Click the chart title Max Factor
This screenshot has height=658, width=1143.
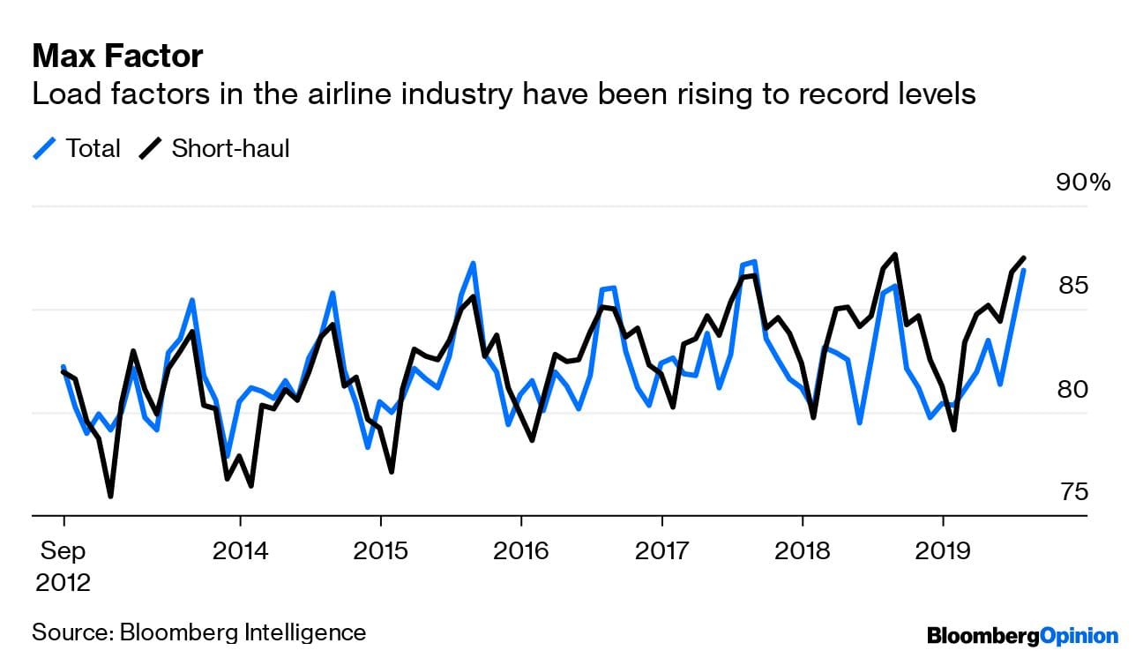pos(117,57)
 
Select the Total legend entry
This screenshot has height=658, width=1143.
pos(77,148)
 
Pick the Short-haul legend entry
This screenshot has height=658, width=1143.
pos(214,148)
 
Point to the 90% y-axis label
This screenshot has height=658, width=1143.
pos(1083,183)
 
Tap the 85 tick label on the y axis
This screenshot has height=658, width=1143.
pos(1072,286)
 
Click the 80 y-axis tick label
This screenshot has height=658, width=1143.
pos(1072,389)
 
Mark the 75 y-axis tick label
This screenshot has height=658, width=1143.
pos(1072,492)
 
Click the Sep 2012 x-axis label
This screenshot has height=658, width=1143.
pos(63,566)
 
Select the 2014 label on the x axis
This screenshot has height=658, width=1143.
pos(240,551)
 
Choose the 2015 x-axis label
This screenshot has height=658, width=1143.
pos(380,551)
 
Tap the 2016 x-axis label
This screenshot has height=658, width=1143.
pos(521,551)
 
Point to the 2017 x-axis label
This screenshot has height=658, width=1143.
pos(661,551)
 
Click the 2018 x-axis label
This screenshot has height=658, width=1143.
pos(803,551)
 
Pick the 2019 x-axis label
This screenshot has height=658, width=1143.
pos(943,551)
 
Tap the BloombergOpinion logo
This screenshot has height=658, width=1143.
pos(1022,634)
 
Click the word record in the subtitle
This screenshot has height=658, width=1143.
pos(828,93)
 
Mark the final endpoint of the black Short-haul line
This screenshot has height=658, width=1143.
pos(1024,258)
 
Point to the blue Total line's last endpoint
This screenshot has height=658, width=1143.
pos(1023,271)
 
